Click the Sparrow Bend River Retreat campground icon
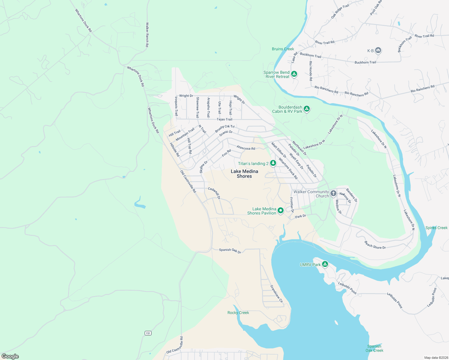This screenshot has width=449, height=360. pos(294,74)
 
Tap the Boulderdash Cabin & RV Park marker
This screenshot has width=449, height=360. pos(306,109)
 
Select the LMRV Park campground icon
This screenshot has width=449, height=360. pos(325,264)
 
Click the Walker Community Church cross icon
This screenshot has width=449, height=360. pos(333,193)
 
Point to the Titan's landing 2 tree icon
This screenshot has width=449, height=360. pos(273,163)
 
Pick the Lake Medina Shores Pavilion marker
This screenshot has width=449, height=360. pos(280,211)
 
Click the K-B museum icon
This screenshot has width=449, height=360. pos(378,50)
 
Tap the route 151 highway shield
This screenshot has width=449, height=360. pos(148,333)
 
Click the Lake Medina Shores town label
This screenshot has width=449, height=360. pos(244,174)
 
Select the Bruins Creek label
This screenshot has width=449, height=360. pos(283,49)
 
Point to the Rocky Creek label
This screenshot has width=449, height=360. pos(238,313)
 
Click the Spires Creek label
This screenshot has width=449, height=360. pos(436,228)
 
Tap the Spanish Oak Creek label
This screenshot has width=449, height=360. pos(374,348)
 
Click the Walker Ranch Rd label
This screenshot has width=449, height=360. pos(147,34)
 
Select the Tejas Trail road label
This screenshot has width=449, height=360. pos(224,119)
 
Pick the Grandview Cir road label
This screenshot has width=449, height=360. pos(276,294)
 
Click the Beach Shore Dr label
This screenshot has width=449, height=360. pos(375,245)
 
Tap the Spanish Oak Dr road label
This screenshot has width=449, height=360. pos(230,250)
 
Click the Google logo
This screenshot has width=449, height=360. pos(10,356)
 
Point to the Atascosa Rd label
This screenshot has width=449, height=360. pos(246,148)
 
